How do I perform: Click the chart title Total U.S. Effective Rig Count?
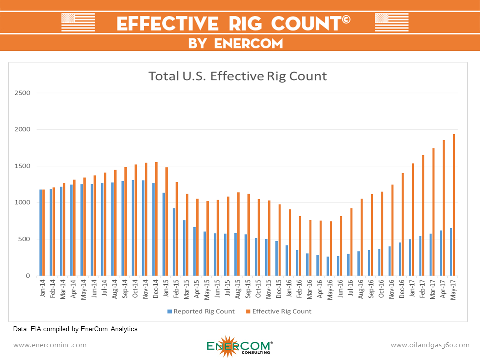tap(237, 76)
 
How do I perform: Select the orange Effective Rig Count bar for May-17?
tap(454, 205)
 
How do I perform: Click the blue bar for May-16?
tap(328, 266)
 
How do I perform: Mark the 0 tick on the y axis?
tap(28, 276)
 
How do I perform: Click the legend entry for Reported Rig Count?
tap(198, 311)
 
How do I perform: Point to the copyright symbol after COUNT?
tap(347, 19)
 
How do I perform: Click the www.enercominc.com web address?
tap(50, 345)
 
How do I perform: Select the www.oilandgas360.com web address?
tap(430, 345)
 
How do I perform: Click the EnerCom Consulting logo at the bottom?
tap(239, 345)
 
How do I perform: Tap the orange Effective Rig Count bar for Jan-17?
tap(413, 220)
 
